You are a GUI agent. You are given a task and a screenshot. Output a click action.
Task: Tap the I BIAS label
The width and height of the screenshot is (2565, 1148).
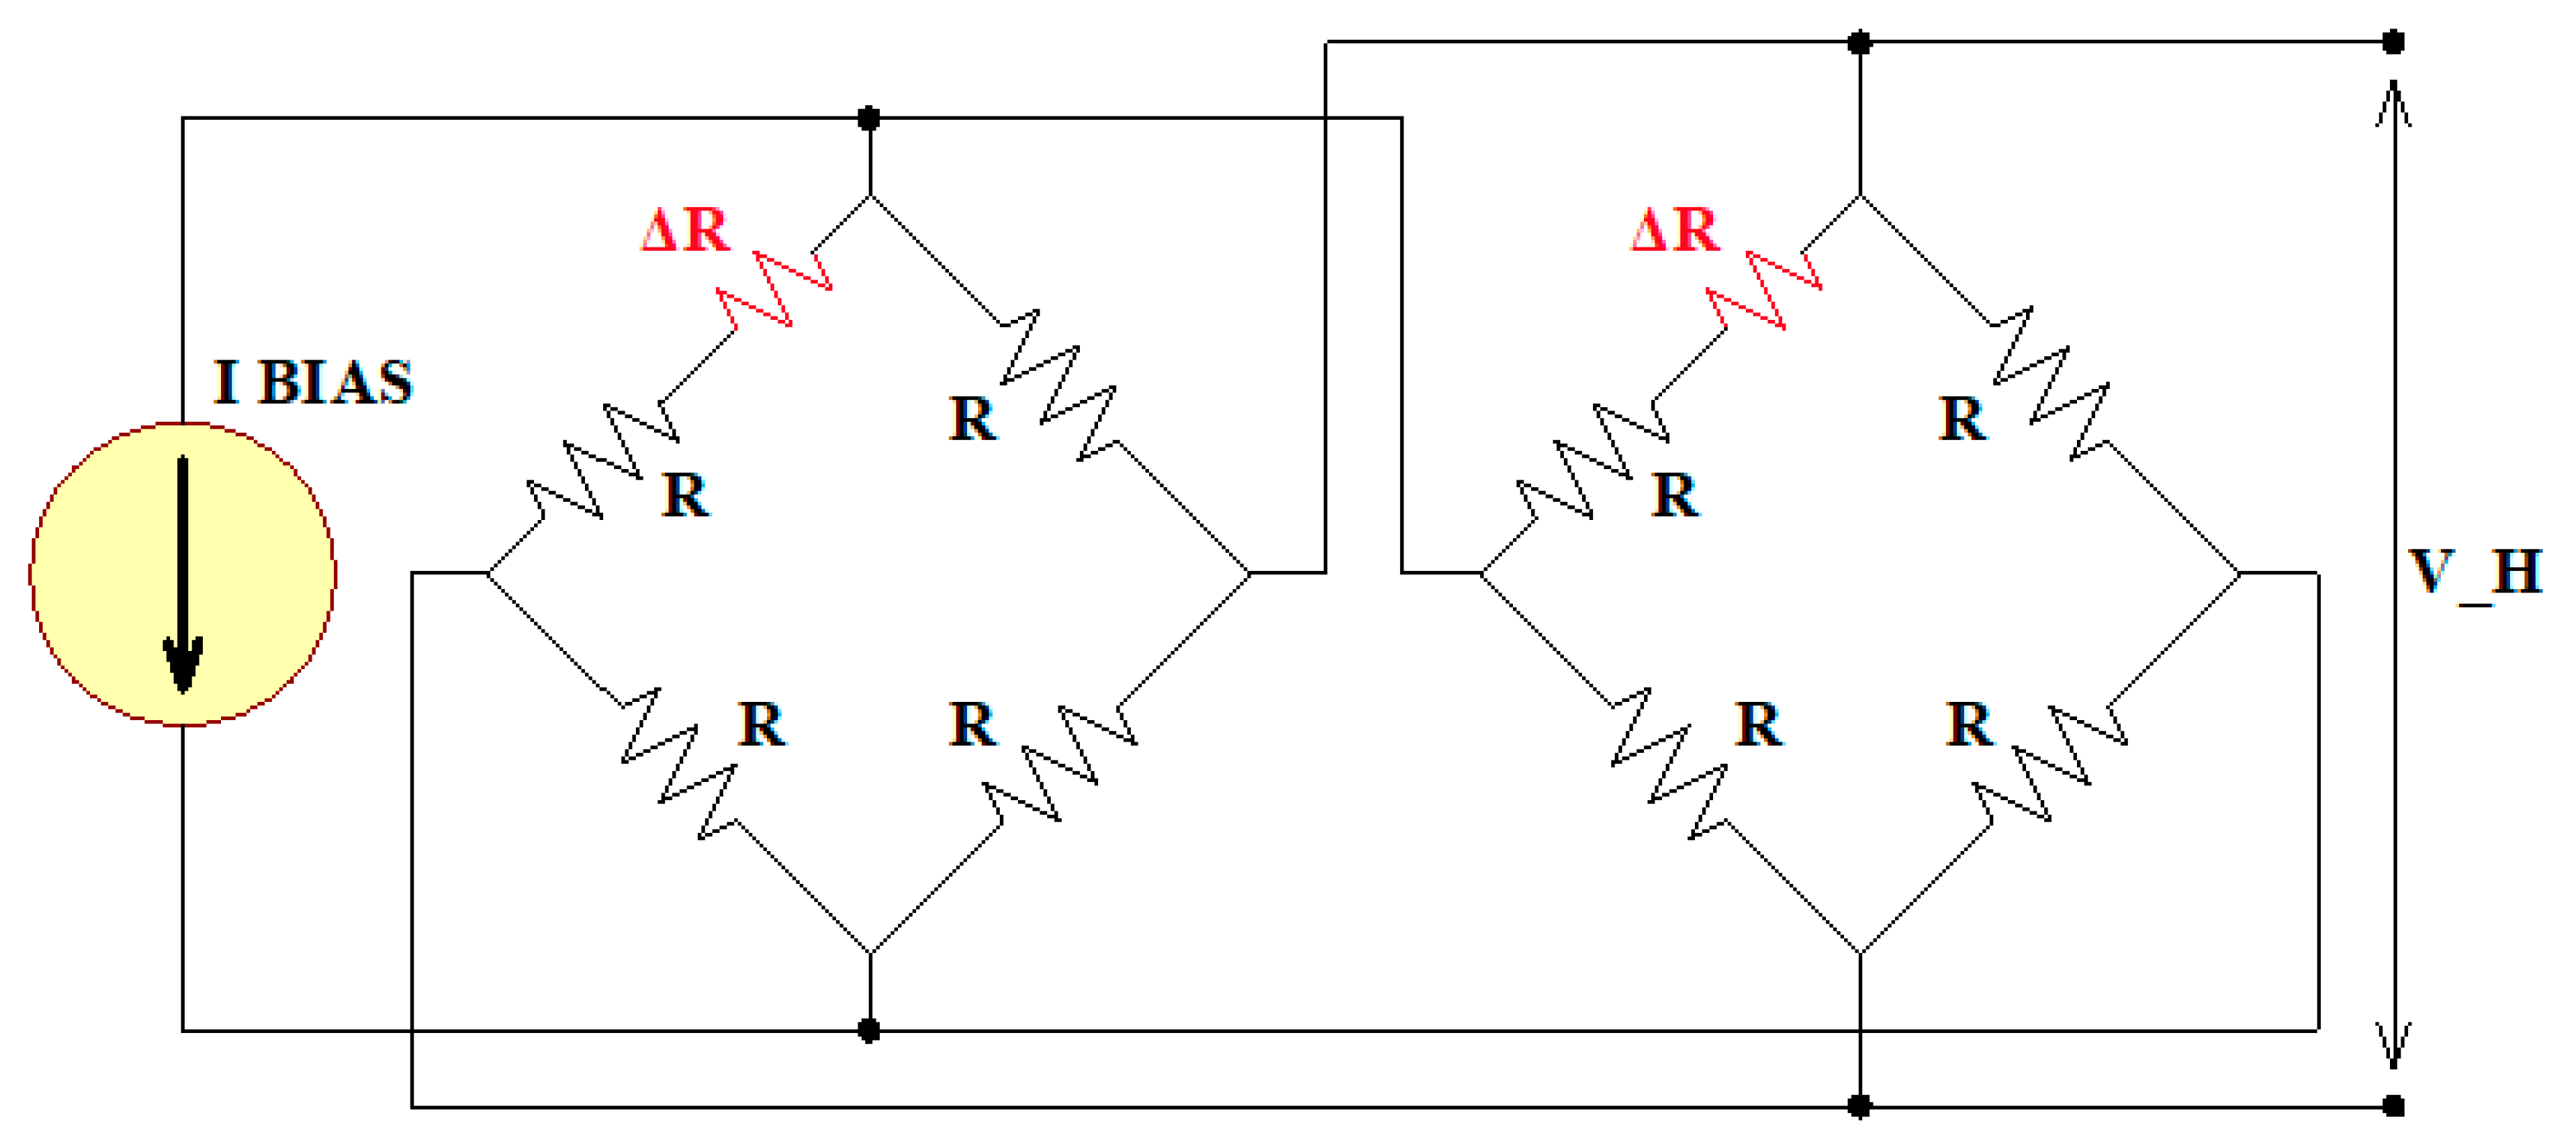312,383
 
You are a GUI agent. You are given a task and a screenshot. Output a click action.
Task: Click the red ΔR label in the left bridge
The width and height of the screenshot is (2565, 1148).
686,231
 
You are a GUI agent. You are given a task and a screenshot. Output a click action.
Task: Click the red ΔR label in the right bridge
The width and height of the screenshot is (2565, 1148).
1675,231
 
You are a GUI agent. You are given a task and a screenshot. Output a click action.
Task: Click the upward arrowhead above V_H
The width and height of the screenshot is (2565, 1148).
2393,105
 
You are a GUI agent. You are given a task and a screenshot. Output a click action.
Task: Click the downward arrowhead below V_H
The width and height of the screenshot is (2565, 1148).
2393,1046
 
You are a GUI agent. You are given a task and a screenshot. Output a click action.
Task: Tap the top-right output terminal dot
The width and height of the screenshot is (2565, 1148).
2393,42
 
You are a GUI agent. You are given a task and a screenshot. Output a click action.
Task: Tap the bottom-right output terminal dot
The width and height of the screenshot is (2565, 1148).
2393,1106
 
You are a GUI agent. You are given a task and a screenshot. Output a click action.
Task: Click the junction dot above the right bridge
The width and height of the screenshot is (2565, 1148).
1859,42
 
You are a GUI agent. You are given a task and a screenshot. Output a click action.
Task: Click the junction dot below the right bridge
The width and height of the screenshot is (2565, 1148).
1859,1106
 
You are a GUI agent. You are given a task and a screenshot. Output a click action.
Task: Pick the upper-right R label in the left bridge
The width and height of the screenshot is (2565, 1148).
972,419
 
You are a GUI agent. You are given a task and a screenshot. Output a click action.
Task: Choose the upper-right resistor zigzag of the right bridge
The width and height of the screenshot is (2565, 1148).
2050,384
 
